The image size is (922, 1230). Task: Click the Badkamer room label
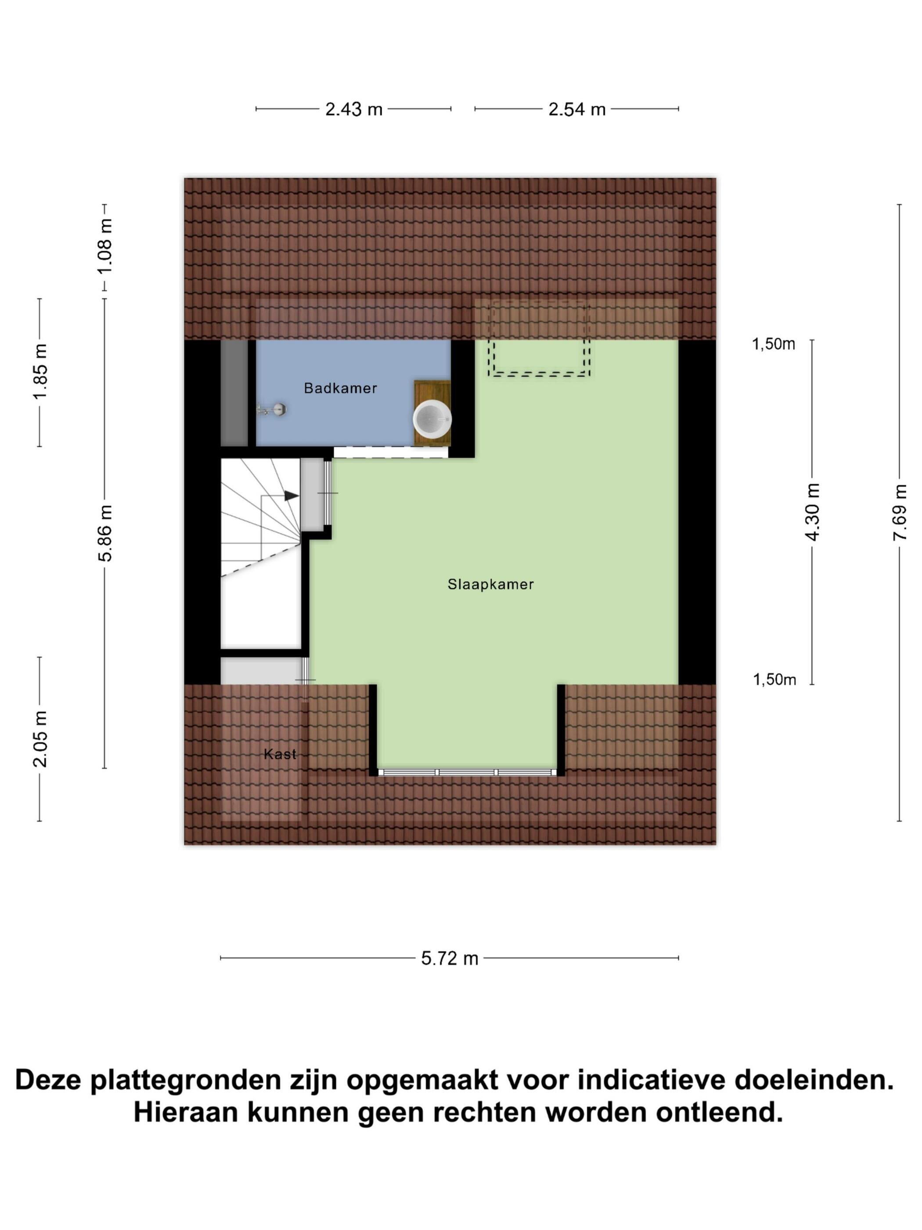[340, 388]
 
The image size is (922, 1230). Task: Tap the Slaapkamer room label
[490, 584]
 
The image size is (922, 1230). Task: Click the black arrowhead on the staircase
[291, 496]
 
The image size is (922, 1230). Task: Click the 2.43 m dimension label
[354, 109]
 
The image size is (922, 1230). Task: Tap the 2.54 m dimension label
[576, 109]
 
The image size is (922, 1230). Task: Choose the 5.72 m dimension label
[449, 959]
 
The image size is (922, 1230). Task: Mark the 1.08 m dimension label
[104, 246]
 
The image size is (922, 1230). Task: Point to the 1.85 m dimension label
[40, 372]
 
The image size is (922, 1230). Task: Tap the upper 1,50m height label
[773, 344]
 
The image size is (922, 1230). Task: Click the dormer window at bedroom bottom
[467, 772]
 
